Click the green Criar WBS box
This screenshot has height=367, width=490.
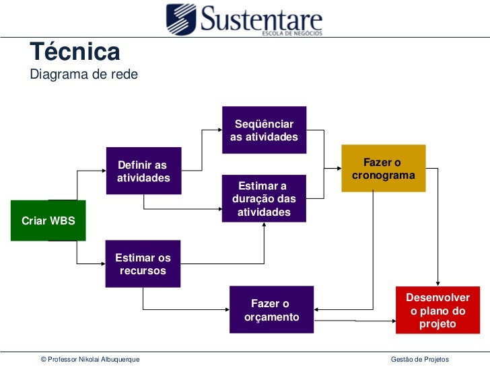(48, 220)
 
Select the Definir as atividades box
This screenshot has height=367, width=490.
(143, 171)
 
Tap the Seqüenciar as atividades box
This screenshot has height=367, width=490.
(264, 130)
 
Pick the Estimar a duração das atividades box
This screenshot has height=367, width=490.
(264, 198)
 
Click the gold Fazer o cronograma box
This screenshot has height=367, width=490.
(383, 168)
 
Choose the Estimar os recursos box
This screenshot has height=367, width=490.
(143, 263)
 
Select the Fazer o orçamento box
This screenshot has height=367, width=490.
(271, 309)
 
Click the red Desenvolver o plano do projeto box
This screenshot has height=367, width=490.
(438, 311)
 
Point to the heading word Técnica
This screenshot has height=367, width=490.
(75, 52)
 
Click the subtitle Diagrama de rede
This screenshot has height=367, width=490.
(83, 75)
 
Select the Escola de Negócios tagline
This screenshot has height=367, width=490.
(291, 34)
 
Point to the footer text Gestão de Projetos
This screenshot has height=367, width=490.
(419, 360)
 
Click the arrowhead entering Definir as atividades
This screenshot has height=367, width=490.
(104, 171)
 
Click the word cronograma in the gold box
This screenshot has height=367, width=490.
(383, 175)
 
